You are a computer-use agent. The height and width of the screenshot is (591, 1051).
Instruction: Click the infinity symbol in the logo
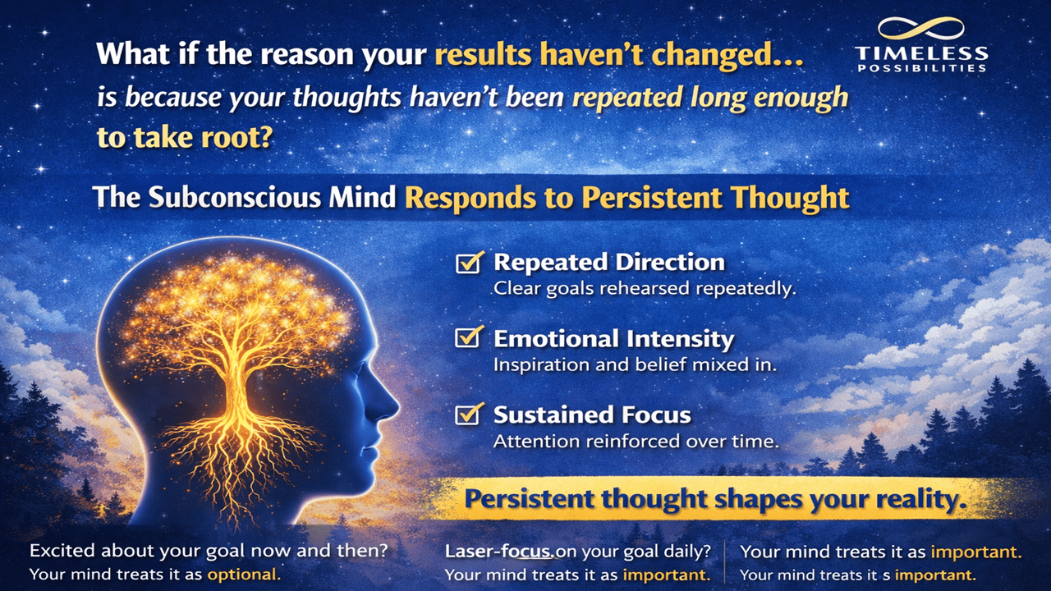[920, 30]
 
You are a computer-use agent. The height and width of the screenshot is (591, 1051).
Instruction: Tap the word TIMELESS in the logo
[920, 55]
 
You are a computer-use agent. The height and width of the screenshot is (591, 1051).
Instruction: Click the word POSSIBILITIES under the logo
[920, 69]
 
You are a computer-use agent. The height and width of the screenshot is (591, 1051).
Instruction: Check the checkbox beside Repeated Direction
[468, 263]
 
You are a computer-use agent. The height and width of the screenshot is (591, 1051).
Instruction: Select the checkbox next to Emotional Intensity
[468, 337]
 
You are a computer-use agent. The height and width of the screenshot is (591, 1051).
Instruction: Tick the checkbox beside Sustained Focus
[468, 414]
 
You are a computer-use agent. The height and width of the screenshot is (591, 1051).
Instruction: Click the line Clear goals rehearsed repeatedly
[645, 289]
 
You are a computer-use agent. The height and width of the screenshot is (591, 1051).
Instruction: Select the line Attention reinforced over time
[636, 441]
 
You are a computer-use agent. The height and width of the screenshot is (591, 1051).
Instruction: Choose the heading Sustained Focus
[592, 415]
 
